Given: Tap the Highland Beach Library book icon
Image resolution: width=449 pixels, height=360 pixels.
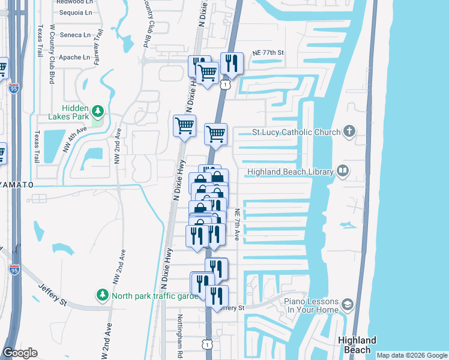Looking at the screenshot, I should click(x=342, y=172).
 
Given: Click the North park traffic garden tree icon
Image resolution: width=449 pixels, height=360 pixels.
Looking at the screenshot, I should click(x=103, y=295).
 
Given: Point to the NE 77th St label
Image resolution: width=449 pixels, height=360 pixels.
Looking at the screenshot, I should click(x=267, y=53).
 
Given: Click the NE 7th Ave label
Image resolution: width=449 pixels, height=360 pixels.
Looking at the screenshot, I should click(x=237, y=225).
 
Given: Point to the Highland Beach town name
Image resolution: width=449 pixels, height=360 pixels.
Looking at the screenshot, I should click(x=357, y=345).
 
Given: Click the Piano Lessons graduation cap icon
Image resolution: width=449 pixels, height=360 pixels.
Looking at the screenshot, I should click(x=347, y=305).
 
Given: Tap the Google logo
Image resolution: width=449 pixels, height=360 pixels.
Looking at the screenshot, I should click(x=20, y=353).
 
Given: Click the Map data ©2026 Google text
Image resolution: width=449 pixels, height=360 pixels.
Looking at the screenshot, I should click(x=412, y=355).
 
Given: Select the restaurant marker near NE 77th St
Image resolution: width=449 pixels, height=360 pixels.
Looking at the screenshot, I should click(x=231, y=62).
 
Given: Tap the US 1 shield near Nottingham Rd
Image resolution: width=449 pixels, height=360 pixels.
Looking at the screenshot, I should click(x=206, y=344).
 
